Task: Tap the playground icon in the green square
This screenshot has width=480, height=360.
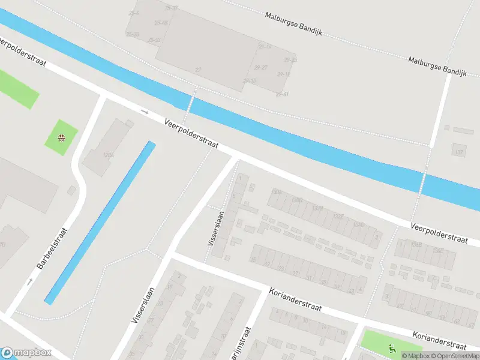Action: pos(61,137)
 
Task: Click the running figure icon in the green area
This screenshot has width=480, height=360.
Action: pos(392,347)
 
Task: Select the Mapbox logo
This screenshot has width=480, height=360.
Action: pos(26,353)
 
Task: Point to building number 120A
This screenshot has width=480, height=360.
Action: pos(109,155)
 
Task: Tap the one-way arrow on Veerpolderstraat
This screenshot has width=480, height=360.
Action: pos(144,111)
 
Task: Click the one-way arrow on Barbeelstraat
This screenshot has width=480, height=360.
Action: pos(29,281)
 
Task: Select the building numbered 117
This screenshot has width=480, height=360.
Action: pos(459,151)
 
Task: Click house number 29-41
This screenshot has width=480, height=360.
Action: pos(282,94)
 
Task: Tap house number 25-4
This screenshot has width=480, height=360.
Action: pos(133,13)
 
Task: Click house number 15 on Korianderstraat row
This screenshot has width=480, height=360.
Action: pos(253,260)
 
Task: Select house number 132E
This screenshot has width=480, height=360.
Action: pos(339,216)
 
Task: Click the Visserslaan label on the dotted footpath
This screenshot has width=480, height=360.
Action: pos(216,228)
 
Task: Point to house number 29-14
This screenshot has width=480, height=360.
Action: pos(265,46)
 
